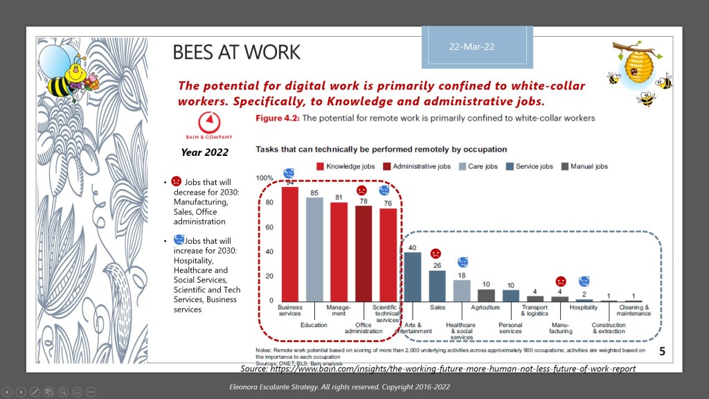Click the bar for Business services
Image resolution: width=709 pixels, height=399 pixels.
click(x=290, y=243)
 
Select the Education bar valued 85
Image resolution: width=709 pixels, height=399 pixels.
click(x=314, y=249)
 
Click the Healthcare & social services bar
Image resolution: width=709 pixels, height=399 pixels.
click(x=461, y=290)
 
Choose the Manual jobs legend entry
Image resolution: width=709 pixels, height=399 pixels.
click(x=584, y=166)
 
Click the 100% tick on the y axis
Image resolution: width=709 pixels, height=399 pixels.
click(x=264, y=178)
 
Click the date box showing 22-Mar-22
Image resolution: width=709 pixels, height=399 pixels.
click(x=477, y=47)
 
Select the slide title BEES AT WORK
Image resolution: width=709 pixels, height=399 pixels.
click(x=236, y=52)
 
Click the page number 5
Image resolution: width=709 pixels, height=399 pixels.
click(x=662, y=353)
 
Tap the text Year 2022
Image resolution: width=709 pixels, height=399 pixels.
click(x=204, y=152)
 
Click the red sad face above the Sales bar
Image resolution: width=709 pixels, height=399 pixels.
click(x=436, y=254)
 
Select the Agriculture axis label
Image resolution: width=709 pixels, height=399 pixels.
click(x=485, y=306)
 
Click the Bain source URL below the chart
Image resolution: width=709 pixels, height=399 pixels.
click(x=438, y=369)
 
